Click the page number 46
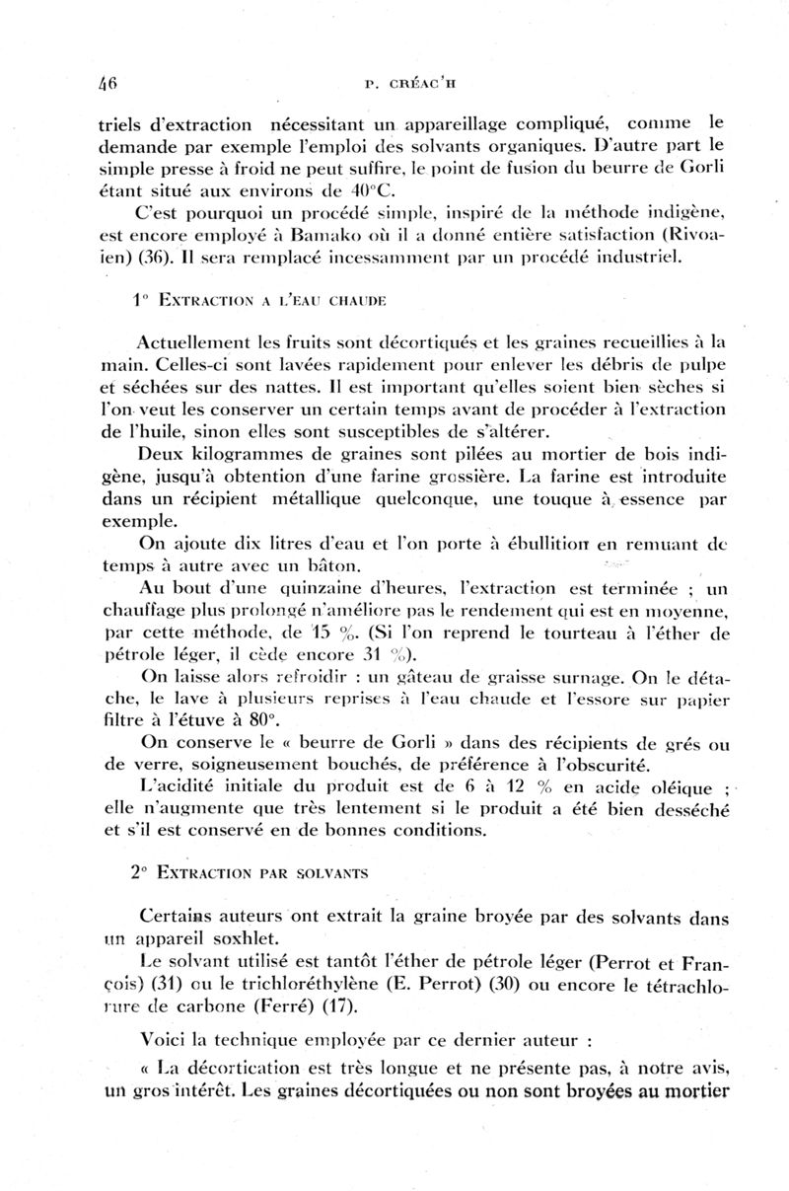[x=108, y=84]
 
